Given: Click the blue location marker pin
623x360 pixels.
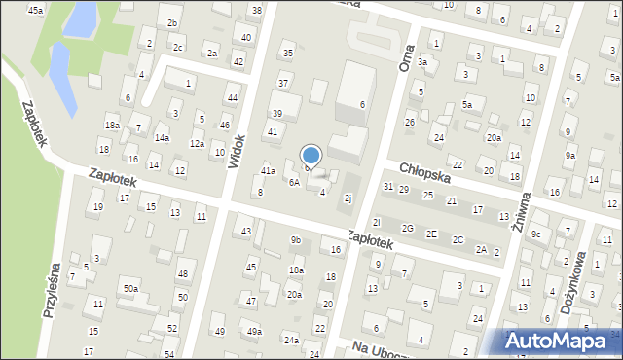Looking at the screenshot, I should point(311,156).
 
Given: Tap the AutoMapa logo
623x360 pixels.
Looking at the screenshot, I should point(557,341).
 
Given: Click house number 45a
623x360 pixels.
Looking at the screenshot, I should point(35,10).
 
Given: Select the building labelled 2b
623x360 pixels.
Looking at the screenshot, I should point(172,22).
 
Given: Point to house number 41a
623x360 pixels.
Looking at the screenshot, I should point(268,171).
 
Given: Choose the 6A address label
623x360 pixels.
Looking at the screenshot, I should point(293,182).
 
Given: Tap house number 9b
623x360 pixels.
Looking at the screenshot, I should point(295,240).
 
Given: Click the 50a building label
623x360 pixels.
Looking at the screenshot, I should point(129,289).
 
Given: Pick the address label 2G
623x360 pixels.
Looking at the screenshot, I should point(408,229).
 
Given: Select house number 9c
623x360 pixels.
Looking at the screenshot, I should point(535,234).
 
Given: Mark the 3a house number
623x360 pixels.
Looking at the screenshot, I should point(422,61).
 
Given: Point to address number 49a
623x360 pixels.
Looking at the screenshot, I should point(254,332).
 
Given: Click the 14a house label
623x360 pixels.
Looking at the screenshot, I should point(162,138).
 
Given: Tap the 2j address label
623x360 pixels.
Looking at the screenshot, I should point(348,198).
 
